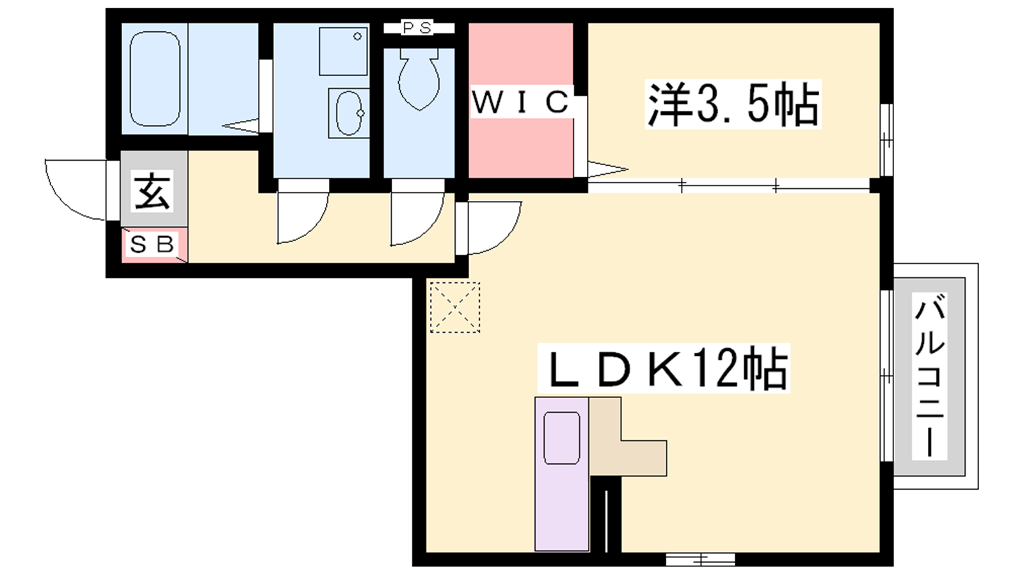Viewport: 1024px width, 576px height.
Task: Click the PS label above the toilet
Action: point(417,28)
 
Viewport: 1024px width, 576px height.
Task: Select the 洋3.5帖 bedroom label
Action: point(733,104)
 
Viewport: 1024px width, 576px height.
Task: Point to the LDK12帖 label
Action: point(664,367)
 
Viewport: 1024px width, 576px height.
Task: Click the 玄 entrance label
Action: point(153,191)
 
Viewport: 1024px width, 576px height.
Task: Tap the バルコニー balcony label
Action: point(930,376)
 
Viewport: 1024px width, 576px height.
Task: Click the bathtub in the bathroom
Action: point(154,78)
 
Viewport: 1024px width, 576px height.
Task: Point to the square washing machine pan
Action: point(343,51)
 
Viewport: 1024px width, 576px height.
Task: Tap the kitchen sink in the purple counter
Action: point(562,438)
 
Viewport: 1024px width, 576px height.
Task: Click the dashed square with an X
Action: point(455,307)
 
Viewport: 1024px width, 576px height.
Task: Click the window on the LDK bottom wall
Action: point(700,559)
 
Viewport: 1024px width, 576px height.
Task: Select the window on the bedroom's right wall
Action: point(886,140)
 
